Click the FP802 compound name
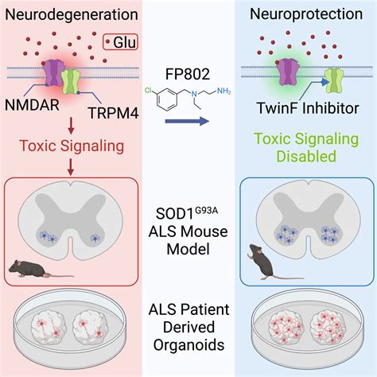pos(188,76)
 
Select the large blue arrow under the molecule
pos(188,122)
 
